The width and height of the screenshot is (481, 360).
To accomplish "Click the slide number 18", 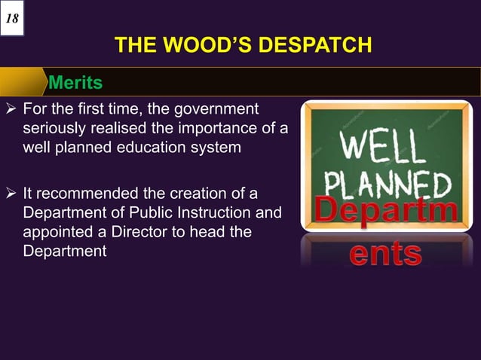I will click(x=13, y=17).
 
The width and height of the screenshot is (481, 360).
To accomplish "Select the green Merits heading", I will click(x=75, y=81).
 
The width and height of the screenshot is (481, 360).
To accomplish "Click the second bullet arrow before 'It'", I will click(x=11, y=193).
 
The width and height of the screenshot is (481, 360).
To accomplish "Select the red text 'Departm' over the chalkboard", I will click(x=385, y=210).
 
